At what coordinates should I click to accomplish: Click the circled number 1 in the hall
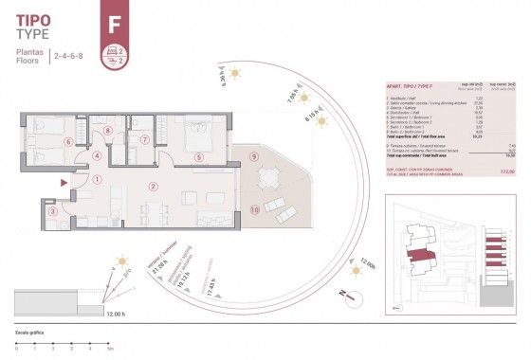pos(99,179)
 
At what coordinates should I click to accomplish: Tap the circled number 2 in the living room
pos(152,186)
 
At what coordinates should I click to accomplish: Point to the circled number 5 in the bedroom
pos(199,157)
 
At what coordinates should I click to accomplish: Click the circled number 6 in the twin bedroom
pos(67,142)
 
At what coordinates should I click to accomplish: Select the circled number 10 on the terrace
pos(254,208)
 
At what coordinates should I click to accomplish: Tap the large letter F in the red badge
pos(115,17)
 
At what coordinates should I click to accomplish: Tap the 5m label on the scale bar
pos(111,350)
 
